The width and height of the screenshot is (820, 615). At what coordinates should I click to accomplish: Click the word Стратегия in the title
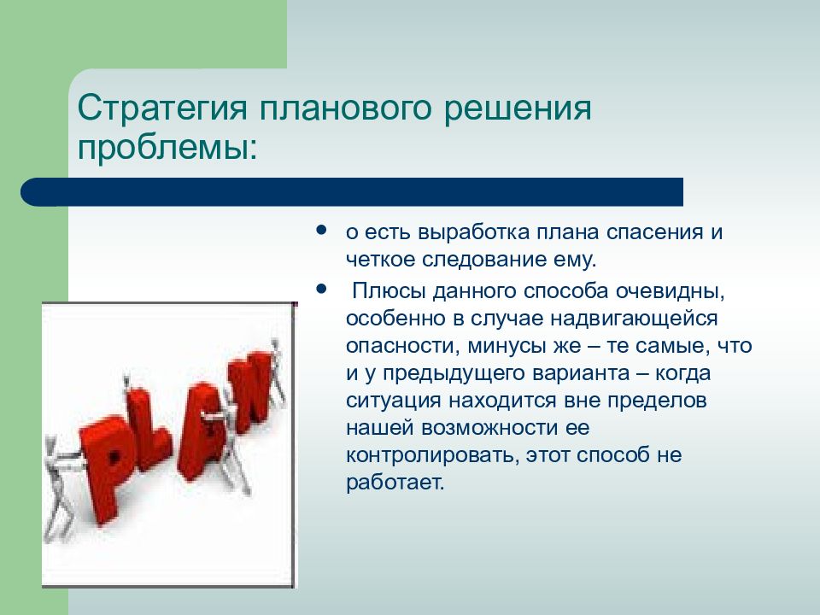[162, 108]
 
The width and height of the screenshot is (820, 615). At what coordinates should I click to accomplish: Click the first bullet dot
[322, 230]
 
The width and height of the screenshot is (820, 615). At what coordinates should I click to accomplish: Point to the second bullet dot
[322, 289]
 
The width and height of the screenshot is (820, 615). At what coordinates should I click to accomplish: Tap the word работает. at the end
[395, 482]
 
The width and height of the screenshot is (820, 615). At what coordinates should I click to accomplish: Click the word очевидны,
[670, 290]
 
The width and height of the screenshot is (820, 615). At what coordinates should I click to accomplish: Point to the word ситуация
[393, 401]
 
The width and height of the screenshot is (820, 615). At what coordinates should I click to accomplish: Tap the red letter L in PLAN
[148, 429]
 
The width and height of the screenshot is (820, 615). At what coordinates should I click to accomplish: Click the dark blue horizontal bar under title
[352, 192]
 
